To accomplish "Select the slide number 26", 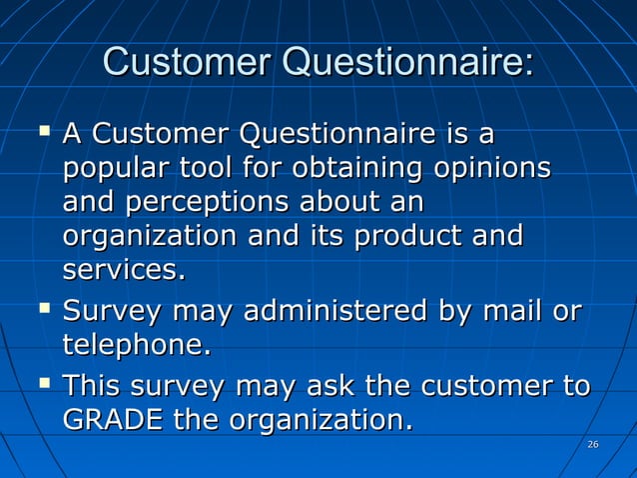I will pyautogui.click(x=592, y=444).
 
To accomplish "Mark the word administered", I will pyautogui.click(x=333, y=311).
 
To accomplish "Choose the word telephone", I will pyautogui.click(x=137, y=345).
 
